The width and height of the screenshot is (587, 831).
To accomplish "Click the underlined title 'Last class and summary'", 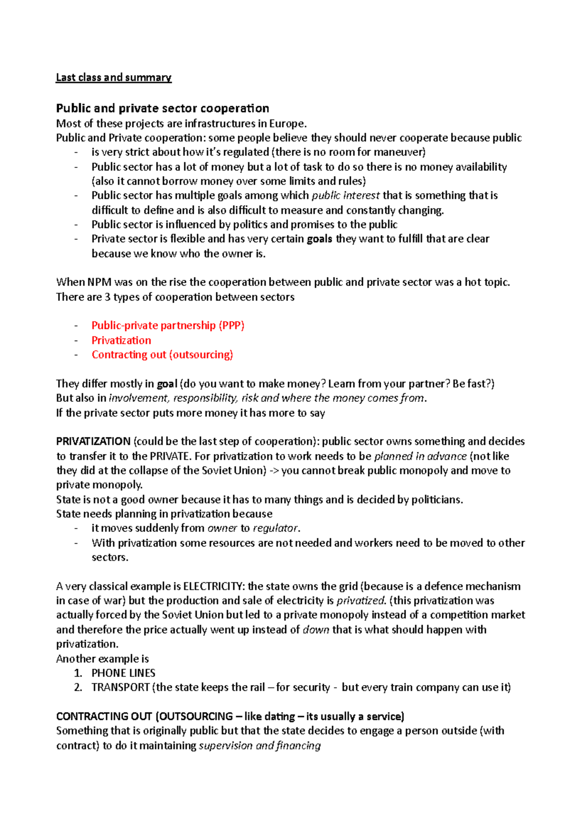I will click(113, 77).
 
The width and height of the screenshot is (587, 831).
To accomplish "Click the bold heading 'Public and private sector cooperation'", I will click(162, 108).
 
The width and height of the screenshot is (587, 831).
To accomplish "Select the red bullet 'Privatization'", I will click(121, 340).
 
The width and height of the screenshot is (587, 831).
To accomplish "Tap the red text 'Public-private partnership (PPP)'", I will click(168, 325).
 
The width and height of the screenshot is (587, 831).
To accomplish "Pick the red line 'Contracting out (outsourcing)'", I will click(162, 354).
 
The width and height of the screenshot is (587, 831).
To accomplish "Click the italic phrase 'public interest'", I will click(345, 196).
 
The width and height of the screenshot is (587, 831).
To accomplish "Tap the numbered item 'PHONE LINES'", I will click(123, 673).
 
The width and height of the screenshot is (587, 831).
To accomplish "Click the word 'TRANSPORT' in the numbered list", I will click(120, 688).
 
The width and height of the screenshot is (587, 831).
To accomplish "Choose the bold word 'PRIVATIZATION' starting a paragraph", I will click(93, 441).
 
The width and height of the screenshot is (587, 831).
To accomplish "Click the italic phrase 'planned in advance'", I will click(420, 456).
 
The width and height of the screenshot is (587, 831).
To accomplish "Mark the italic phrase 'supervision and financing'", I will click(260, 745).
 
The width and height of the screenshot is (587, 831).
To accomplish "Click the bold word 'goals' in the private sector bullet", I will click(319, 239).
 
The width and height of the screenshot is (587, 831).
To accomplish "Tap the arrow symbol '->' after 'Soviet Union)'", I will click(274, 471).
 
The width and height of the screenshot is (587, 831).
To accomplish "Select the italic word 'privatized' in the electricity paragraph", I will click(361, 600).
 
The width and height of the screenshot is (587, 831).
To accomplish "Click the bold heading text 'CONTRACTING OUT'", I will click(104, 716).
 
